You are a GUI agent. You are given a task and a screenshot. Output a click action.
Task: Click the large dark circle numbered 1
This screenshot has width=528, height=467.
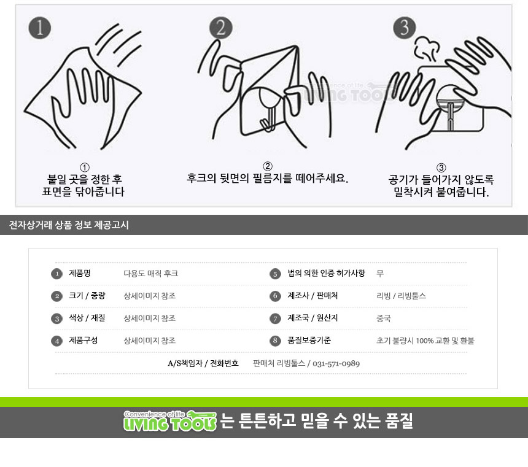pyautogui.click(x=40, y=28)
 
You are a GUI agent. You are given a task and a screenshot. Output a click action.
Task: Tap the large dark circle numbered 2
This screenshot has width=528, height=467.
pyautogui.click(x=221, y=28)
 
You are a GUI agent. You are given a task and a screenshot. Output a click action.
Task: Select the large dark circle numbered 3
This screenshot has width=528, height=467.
pyautogui.click(x=405, y=28)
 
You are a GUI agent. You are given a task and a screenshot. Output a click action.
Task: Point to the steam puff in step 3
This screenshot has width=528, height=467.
pyautogui.click(x=427, y=50)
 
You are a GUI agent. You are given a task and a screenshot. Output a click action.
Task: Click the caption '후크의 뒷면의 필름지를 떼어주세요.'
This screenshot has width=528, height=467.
pyautogui.click(x=267, y=178)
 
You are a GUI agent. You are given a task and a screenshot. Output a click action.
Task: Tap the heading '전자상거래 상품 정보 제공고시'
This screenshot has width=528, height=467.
pyautogui.click(x=69, y=225)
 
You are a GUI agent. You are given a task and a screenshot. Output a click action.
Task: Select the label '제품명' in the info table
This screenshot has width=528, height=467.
pyautogui.click(x=80, y=273)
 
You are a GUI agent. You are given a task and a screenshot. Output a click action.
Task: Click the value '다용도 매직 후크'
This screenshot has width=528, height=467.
pyautogui.click(x=151, y=274)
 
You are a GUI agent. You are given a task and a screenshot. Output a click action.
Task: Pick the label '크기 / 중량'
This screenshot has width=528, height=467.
pyautogui.click(x=87, y=296)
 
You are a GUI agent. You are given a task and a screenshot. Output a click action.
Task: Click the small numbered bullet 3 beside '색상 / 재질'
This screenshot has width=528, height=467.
pyautogui.click(x=57, y=318)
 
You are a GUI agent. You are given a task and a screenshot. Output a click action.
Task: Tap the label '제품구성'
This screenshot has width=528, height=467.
pyautogui.click(x=83, y=341)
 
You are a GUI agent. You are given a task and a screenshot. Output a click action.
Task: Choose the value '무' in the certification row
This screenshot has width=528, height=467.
pyautogui.click(x=380, y=274)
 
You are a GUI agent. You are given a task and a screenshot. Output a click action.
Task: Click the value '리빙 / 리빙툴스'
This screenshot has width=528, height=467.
pyautogui.click(x=401, y=296)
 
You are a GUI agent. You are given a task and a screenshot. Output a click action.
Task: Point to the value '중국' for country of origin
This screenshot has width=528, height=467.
pyautogui.click(x=384, y=318)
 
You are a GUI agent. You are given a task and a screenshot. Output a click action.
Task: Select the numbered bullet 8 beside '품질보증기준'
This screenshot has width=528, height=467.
pyautogui.click(x=275, y=341)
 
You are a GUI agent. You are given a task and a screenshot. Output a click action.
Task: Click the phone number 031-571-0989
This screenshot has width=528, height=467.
pyautogui.click(x=336, y=364)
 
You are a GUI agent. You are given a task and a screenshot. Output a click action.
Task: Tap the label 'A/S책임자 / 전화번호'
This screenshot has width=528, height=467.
pyautogui.click(x=203, y=363)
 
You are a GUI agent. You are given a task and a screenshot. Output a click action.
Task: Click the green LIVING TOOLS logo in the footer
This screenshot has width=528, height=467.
pyautogui.click(x=170, y=421)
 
